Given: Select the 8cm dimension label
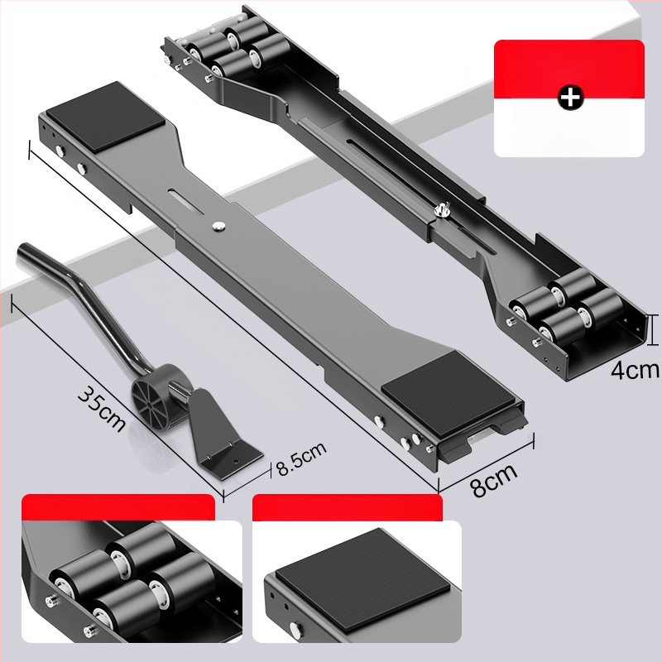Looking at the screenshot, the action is click(494, 481).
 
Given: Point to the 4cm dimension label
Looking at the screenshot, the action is click(635, 370).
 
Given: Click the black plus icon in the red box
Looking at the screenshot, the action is click(570, 98).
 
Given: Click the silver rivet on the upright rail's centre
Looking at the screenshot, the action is click(219, 226).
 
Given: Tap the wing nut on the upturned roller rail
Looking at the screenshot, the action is click(442, 209).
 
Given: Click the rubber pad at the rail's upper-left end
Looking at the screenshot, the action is click(106, 117).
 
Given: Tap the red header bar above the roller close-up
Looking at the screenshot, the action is click(118, 507).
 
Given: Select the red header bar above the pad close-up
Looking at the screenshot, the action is click(347, 507).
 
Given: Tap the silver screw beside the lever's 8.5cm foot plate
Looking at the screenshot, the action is click(237, 462).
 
